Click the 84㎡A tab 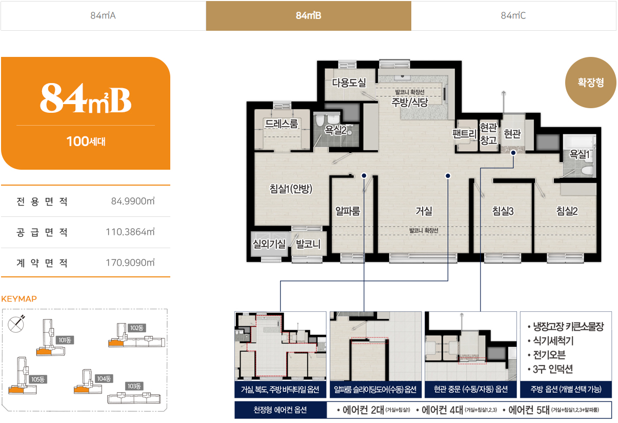(x=103, y=16)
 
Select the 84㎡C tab (x=513, y=16)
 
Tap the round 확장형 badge (x=590, y=82)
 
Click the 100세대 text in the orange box (x=86, y=142)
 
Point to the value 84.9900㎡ (x=133, y=202)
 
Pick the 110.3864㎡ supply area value (x=130, y=232)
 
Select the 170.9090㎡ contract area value (x=130, y=263)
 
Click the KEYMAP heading (x=19, y=299)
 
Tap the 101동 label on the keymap (x=65, y=340)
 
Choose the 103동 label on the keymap (x=134, y=386)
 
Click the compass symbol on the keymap (x=16, y=324)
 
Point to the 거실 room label (x=424, y=211)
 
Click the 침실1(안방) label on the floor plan (x=291, y=189)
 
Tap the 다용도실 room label (x=349, y=82)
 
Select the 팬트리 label (x=465, y=134)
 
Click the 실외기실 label (x=269, y=244)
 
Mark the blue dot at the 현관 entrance (x=513, y=153)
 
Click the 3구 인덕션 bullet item (x=550, y=369)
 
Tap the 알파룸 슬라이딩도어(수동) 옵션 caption (x=375, y=389)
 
